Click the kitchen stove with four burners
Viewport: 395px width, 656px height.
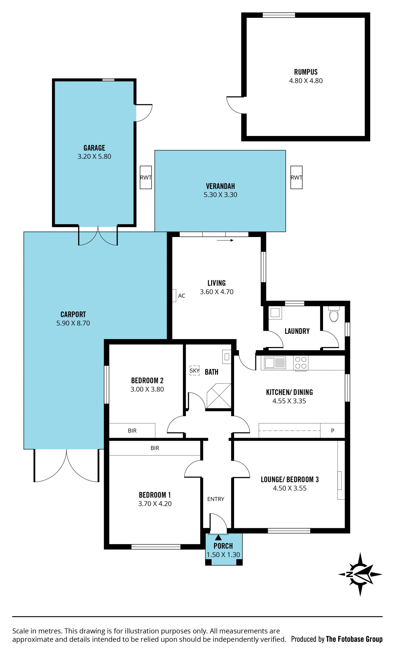(301, 363)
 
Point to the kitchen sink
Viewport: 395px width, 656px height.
(275, 363)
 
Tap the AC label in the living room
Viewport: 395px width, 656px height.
(181, 296)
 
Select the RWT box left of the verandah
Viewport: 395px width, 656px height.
(146, 178)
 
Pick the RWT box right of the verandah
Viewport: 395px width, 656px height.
(296, 178)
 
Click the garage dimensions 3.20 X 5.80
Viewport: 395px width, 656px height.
(94, 157)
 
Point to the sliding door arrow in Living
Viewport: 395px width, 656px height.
(225, 240)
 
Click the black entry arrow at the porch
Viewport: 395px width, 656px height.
(218, 537)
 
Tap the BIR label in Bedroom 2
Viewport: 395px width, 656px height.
(132, 431)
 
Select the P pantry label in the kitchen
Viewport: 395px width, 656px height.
(332, 431)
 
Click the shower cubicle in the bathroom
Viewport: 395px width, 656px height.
(219, 396)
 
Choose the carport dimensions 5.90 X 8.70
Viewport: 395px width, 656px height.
(73, 323)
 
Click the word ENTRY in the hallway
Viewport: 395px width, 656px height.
(216, 499)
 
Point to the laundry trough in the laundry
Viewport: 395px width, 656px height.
(275, 313)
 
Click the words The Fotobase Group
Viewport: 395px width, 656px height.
(354, 639)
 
